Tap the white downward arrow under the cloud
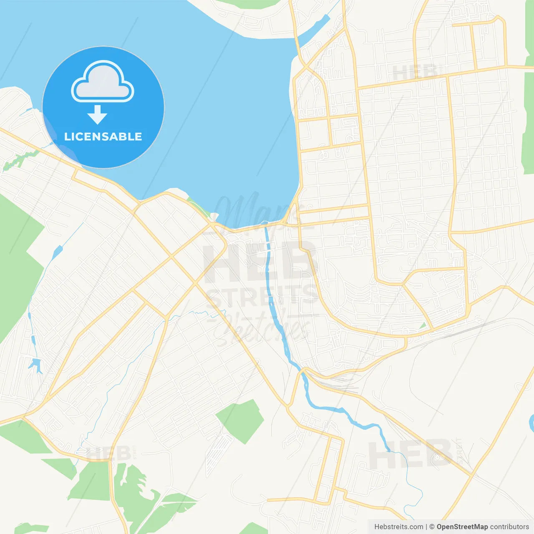(97, 115)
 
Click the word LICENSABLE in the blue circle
(103, 136)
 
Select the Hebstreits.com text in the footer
(398, 527)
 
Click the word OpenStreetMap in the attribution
(462, 527)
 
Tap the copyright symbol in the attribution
(432, 527)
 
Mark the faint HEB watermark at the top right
(415, 72)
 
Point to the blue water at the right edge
(531, 423)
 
